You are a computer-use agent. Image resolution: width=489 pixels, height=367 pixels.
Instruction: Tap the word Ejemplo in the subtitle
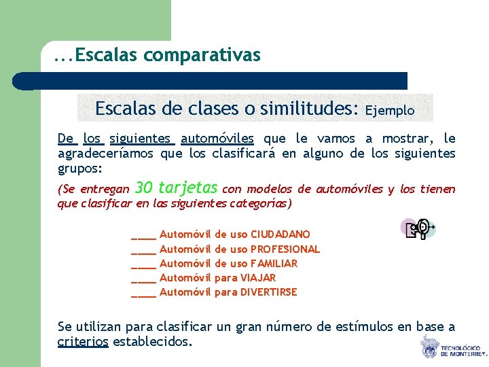click(x=390, y=109)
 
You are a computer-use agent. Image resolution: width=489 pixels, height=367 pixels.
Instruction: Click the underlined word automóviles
click(x=217, y=139)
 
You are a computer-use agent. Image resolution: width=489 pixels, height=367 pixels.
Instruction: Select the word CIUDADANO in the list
click(x=280, y=234)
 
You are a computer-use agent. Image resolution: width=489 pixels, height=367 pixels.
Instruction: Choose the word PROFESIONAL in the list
click(x=285, y=249)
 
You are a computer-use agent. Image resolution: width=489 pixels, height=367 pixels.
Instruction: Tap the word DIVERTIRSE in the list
click(x=269, y=292)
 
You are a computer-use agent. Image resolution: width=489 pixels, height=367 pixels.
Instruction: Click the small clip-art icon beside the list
click(x=418, y=230)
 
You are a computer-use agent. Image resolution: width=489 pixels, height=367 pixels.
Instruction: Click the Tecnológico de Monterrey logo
click(x=452, y=347)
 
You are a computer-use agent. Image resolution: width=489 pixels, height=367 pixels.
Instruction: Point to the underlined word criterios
click(x=83, y=342)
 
